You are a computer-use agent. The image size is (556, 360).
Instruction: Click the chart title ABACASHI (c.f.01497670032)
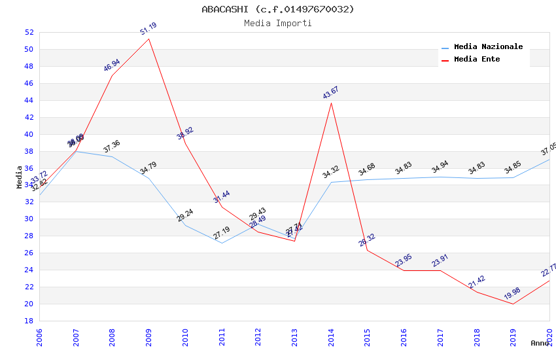[278, 9]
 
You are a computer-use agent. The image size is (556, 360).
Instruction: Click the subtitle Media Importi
[278, 24]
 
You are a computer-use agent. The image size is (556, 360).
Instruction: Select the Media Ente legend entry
[477, 60]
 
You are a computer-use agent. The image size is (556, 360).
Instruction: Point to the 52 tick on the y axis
[29, 32]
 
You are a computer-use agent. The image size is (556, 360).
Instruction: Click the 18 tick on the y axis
[29, 321]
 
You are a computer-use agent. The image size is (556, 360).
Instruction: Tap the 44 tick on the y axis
[29, 100]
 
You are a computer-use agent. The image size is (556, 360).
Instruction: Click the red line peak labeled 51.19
[149, 39]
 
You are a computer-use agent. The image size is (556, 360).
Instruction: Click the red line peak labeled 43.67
[331, 103]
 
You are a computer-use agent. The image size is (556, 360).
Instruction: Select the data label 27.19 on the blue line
[222, 232]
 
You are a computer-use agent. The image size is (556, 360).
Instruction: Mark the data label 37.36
[112, 147]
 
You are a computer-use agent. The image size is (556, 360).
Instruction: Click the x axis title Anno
[540, 343]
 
